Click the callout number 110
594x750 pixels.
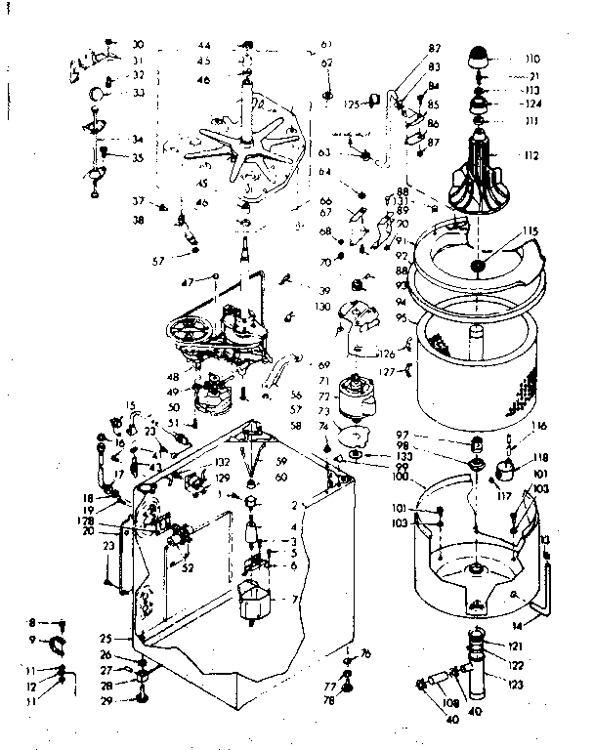532,58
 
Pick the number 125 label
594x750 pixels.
352,103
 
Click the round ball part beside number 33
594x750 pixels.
100,94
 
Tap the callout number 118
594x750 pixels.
539,456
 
